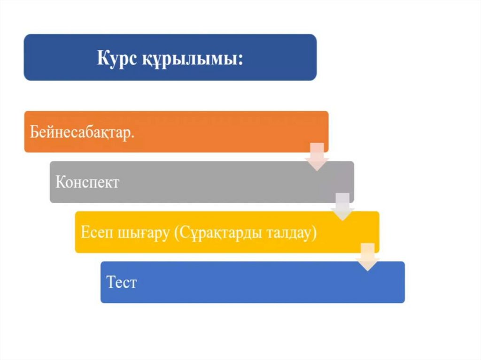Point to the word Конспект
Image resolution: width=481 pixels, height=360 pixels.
tap(87, 183)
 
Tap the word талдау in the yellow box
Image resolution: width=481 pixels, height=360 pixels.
tap(287, 233)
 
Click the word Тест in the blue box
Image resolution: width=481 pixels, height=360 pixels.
tap(121, 283)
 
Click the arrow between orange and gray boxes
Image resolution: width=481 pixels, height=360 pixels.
tap(317, 157)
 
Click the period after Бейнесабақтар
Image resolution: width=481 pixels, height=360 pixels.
tap(133, 136)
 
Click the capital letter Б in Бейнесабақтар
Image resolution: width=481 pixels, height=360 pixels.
tap(34, 132)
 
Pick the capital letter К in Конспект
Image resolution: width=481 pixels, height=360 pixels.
tap(60, 182)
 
